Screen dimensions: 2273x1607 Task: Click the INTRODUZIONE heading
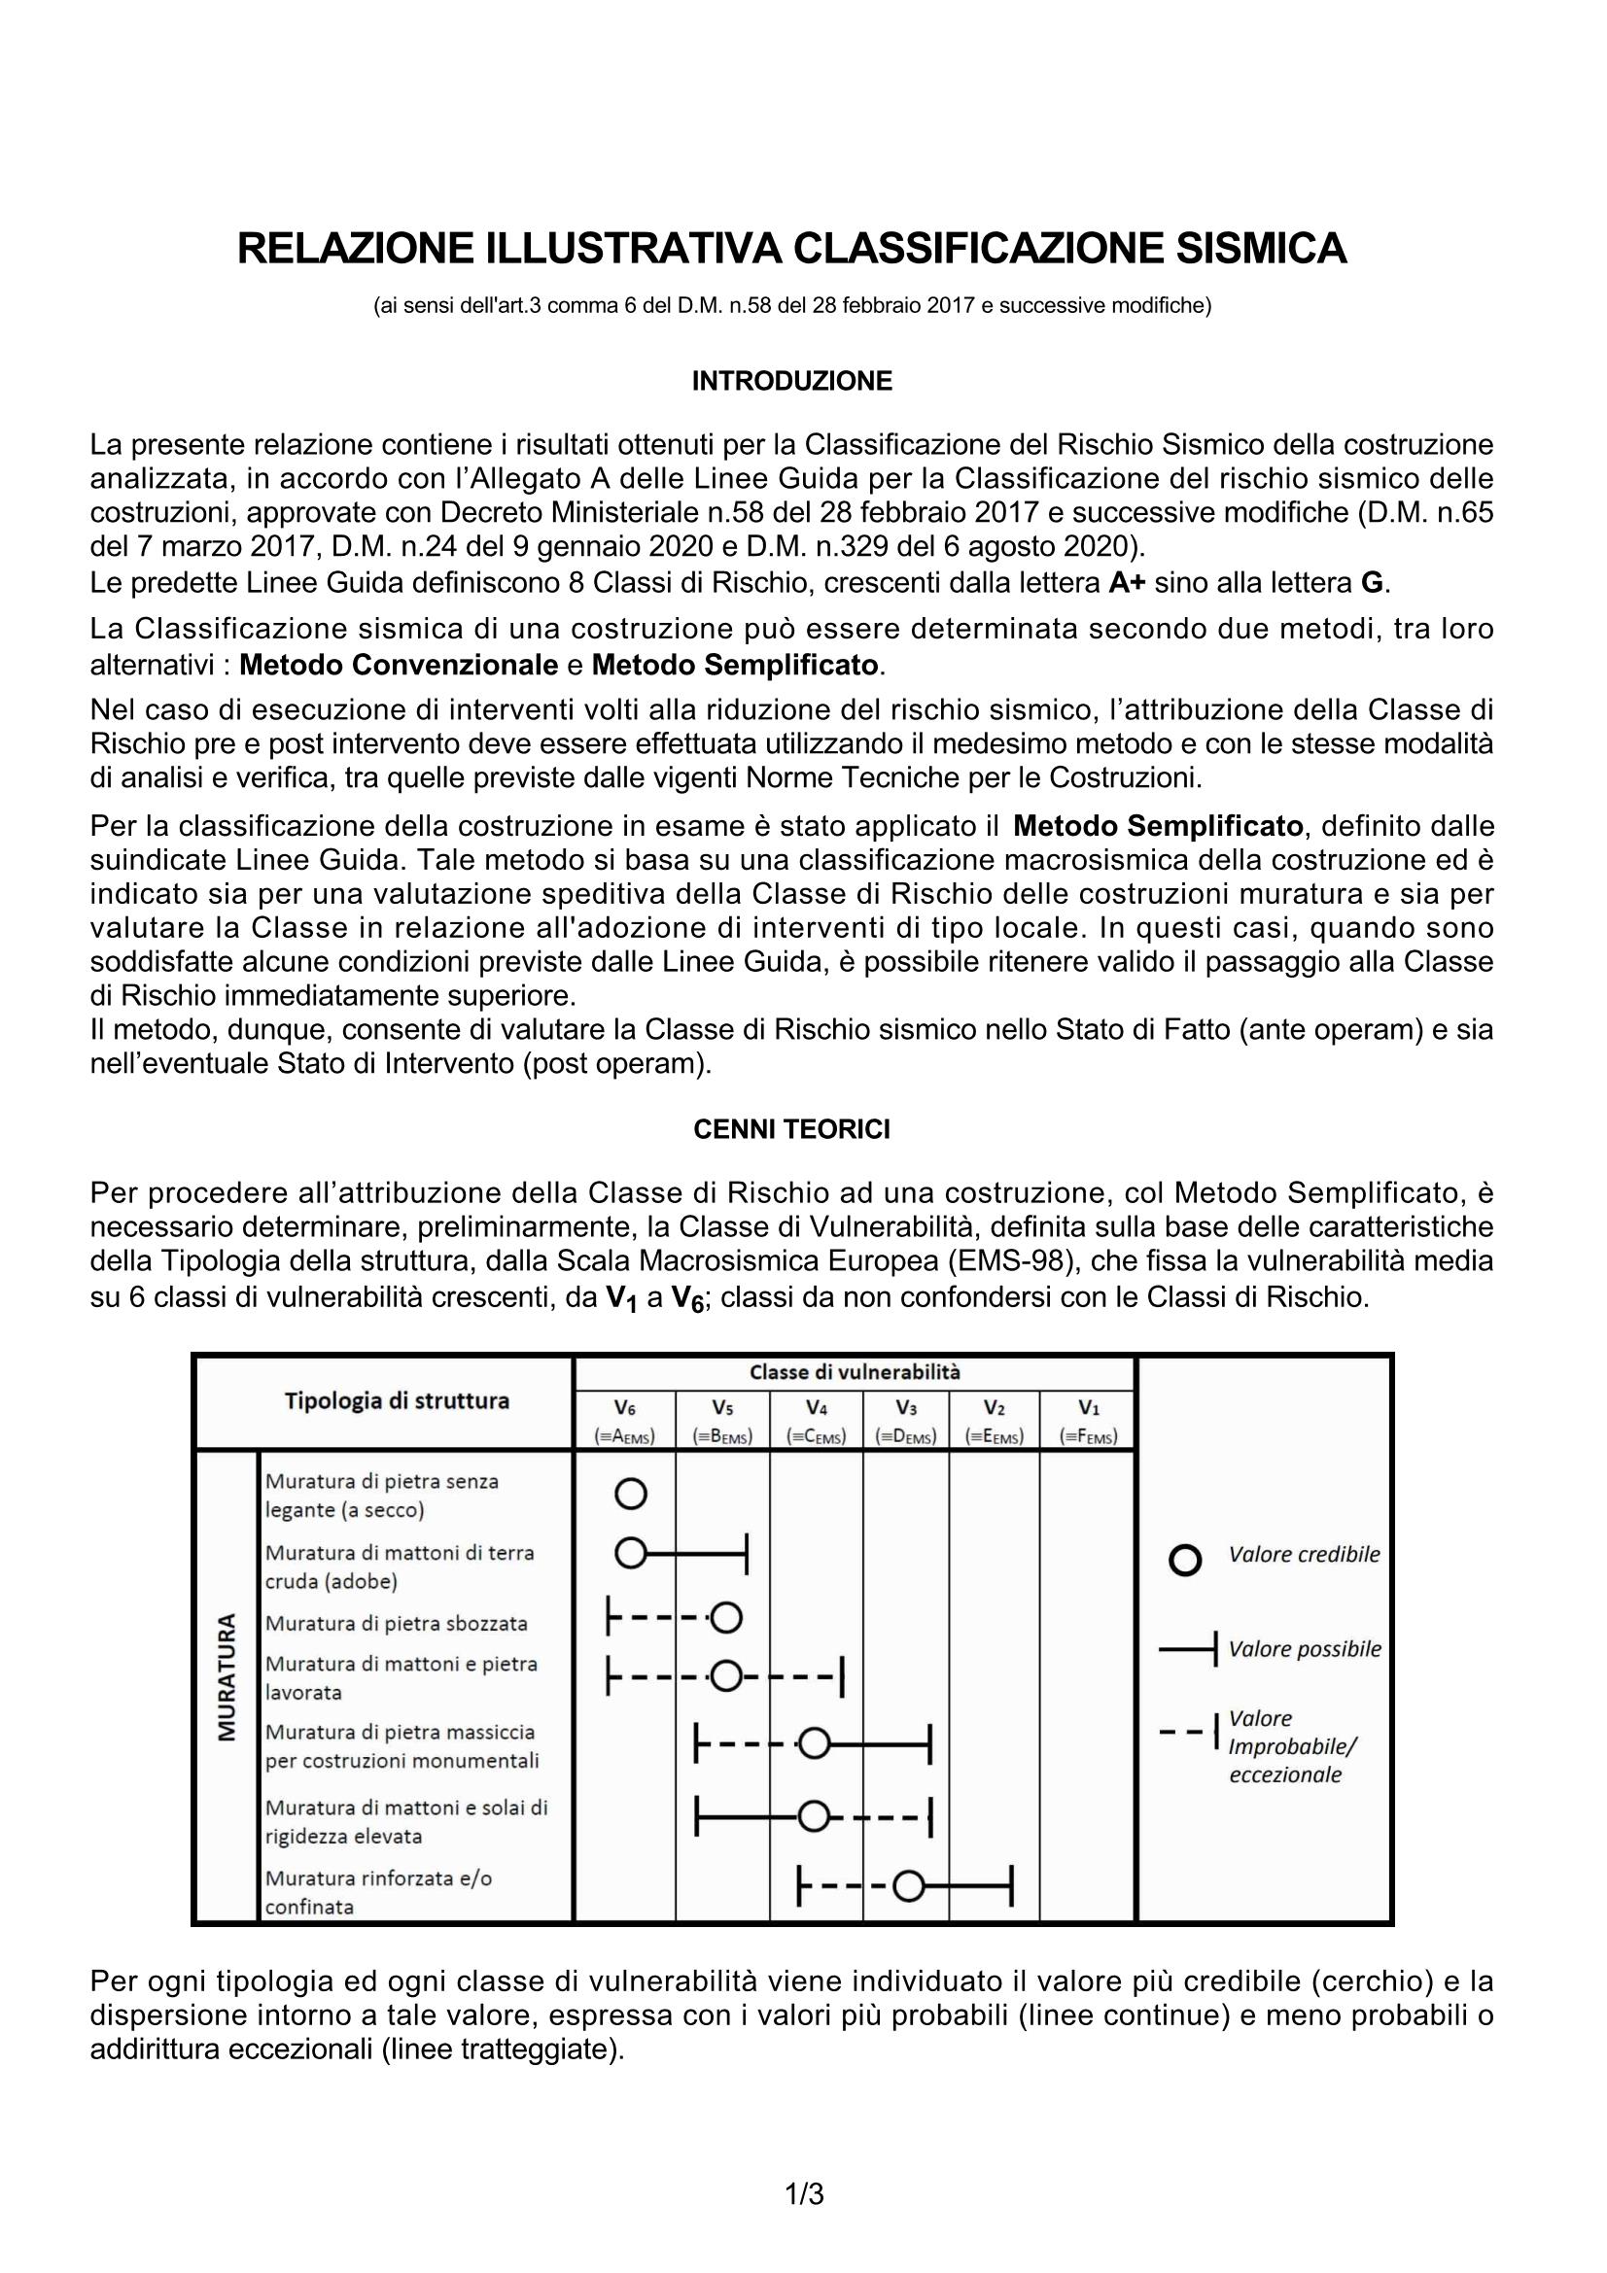792,381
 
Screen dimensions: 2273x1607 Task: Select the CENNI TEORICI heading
792,1129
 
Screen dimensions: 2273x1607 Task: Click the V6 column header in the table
625,1407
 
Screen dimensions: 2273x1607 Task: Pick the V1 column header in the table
1088,1407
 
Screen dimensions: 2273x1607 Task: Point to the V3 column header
905,1407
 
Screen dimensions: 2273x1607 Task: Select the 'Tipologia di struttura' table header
397,1401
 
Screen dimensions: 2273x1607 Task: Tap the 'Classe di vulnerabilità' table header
855,1372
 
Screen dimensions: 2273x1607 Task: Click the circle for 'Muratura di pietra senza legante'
631,1494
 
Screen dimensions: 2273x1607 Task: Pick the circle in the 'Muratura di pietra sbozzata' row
726,1618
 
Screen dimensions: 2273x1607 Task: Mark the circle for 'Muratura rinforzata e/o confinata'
909,1888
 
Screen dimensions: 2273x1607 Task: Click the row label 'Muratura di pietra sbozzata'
396,1624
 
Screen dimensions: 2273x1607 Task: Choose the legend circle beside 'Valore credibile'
1185,1562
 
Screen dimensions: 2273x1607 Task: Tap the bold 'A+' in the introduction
1127,583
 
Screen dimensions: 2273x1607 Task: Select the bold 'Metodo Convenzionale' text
399,665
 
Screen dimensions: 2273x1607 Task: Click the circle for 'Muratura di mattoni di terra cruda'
631,1554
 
